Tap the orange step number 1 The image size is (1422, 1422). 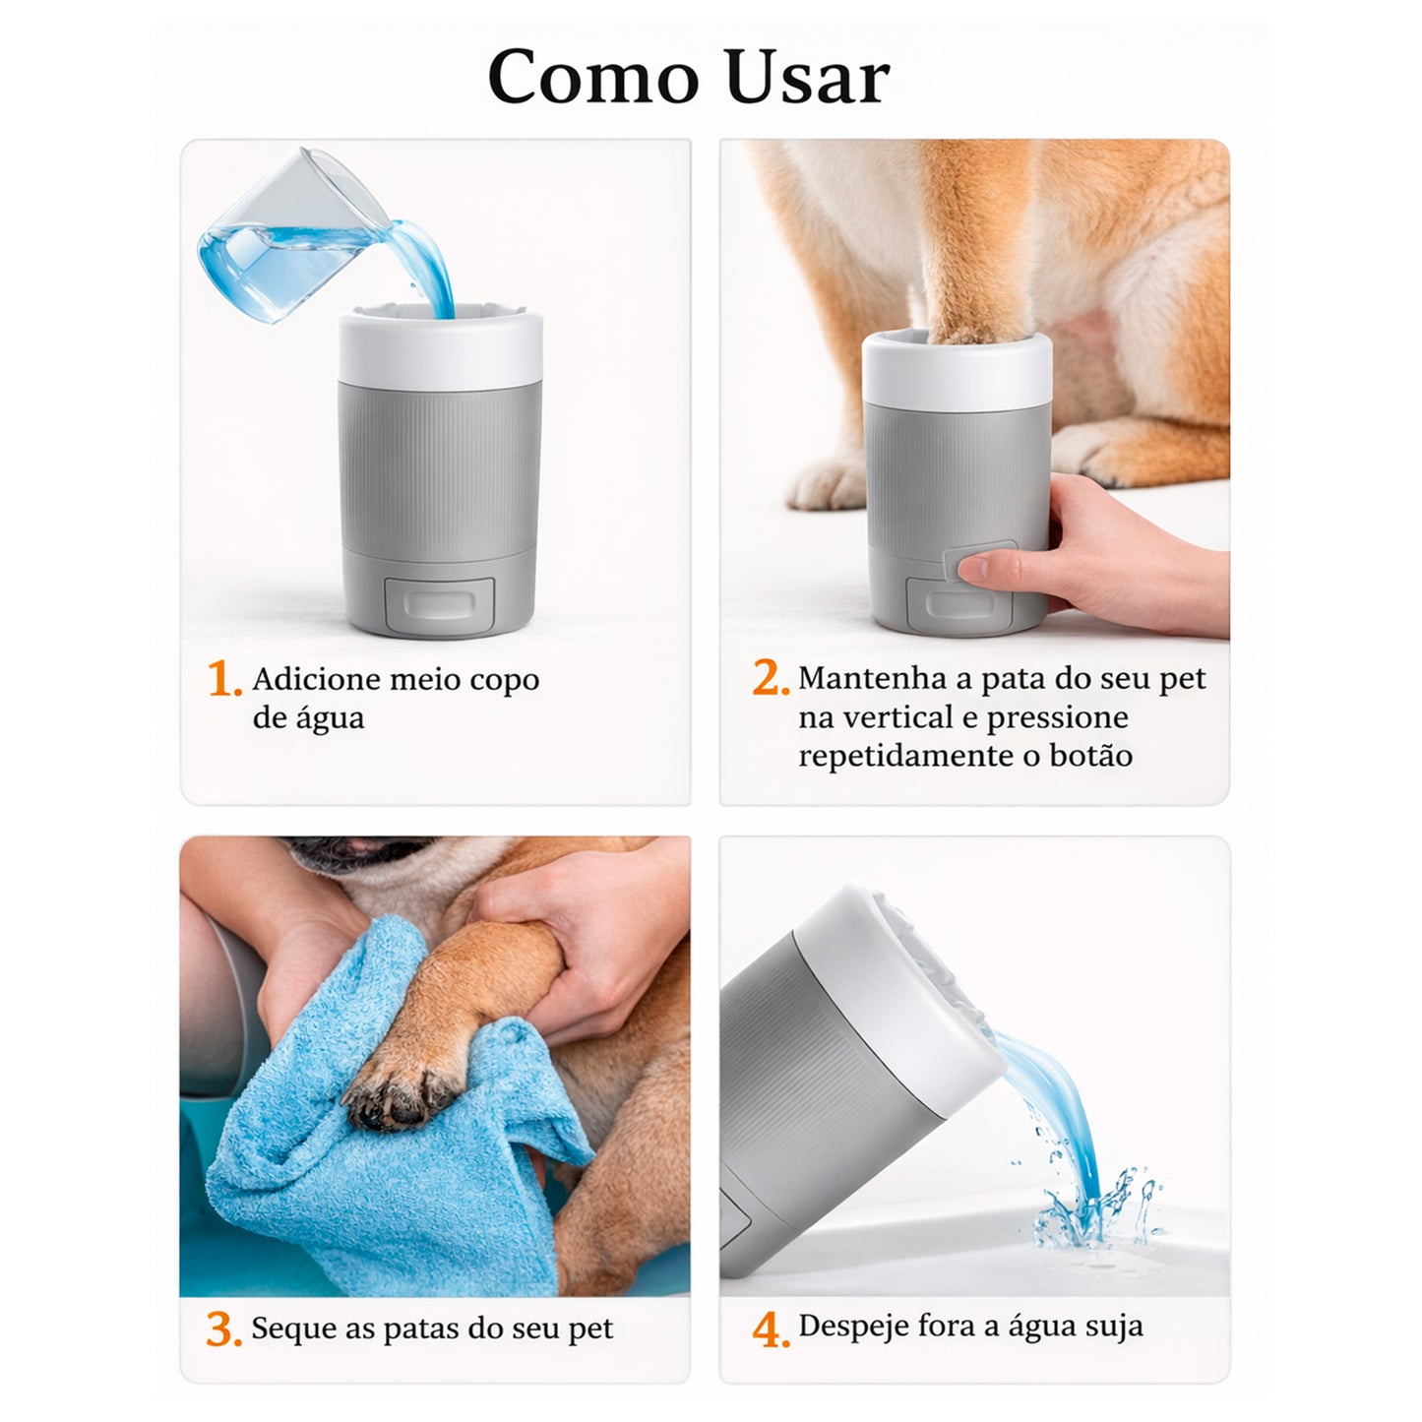pyautogui.click(x=223, y=679)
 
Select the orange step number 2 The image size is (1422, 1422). pyautogui.click(x=770, y=678)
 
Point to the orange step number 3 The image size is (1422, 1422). pyautogui.click(x=223, y=1329)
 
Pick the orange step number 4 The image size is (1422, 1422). pyautogui.click(x=770, y=1329)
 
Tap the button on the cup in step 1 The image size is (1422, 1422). pyautogui.click(x=439, y=604)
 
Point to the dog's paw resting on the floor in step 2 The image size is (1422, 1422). pyautogui.click(x=832, y=482)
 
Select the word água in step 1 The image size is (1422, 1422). pyautogui.click(x=330, y=718)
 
